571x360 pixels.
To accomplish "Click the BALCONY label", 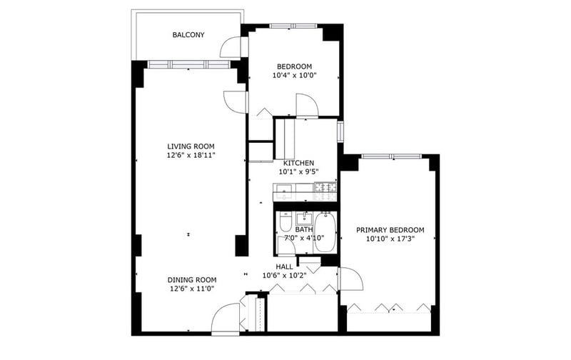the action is [x=188, y=35].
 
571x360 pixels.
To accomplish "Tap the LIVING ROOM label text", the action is [x=191, y=146].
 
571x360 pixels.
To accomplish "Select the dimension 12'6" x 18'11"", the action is [x=191, y=155].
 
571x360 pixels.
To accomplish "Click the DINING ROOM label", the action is [x=192, y=280].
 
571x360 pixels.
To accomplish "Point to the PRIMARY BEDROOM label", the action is [x=390, y=230].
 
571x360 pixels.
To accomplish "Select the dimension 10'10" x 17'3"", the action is [x=390, y=239].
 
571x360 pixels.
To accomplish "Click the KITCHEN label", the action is [x=298, y=163].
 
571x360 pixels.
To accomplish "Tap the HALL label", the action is [x=284, y=266].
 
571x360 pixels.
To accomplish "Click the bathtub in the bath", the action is [x=325, y=232].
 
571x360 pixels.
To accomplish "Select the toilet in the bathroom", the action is [x=285, y=222].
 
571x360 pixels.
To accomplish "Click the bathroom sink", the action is [x=304, y=219].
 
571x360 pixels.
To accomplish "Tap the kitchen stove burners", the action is [x=325, y=191].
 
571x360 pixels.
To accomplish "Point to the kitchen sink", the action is [x=284, y=191].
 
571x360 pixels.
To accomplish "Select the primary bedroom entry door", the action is [x=350, y=279].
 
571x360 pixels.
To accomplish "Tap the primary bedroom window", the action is [x=391, y=156].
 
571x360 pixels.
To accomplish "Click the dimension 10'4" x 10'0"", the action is [x=295, y=76].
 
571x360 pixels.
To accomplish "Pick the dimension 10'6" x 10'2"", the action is [x=284, y=276].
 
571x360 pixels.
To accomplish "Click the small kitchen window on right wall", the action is [x=340, y=131].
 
